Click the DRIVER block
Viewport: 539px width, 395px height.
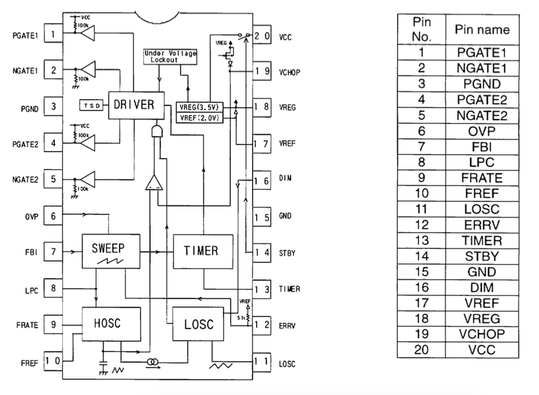(133, 104)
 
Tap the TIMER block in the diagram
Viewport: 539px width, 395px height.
(201, 251)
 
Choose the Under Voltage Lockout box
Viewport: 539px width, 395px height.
(170, 56)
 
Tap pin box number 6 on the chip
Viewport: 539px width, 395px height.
(53, 217)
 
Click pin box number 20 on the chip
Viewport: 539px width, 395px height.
(262, 36)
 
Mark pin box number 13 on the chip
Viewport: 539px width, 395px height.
(262, 289)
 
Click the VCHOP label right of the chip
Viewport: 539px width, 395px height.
(289, 72)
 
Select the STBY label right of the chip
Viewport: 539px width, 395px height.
(288, 252)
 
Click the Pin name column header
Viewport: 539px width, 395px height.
(482, 30)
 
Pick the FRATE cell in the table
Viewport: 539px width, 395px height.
(482, 178)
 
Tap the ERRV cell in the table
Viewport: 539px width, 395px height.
(482, 225)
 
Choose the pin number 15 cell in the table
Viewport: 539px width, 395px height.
(421, 272)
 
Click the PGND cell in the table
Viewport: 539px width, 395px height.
(482, 84)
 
